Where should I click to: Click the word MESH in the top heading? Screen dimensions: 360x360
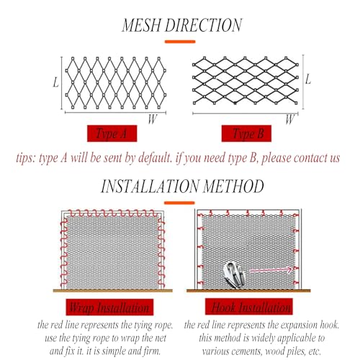tap(142, 25)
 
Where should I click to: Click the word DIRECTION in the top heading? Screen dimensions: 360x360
tap(204, 25)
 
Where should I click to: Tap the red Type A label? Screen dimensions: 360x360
tap(112, 133)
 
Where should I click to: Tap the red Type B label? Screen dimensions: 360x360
tap(246, 133)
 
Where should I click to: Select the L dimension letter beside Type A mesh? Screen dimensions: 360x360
tap(55, 82)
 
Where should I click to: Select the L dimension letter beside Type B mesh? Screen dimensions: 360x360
tap(308, 79)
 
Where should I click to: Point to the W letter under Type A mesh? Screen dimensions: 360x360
tap(153, 119)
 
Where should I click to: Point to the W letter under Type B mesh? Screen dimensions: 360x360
tap(289, 120)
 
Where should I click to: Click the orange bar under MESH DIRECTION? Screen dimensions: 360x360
tap(180, 42)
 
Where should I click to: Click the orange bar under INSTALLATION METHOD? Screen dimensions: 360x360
tap(179, 203)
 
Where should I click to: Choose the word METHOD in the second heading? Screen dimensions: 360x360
tap(233, 186)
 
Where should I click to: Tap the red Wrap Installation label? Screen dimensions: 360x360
tap(109, 307)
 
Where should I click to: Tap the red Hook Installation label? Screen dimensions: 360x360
tap(249, 307)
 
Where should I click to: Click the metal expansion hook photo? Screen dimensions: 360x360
tap(234, 275)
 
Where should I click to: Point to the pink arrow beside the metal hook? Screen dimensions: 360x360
tap(271, 270)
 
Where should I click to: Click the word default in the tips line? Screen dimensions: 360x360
tap(155, 158)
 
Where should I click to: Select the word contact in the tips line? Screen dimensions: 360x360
tap(309, 158)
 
